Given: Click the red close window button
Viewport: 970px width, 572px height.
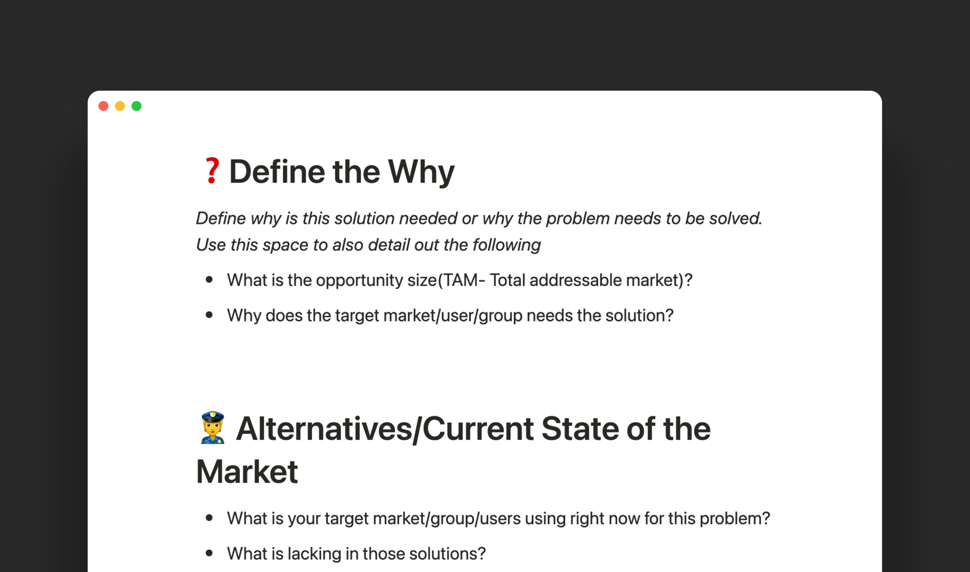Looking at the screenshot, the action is click(x=104, y=106).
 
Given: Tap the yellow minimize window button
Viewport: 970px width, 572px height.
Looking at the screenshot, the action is click(x=120, y=106).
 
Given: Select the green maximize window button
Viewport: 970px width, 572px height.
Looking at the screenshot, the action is click(x=136, y=106).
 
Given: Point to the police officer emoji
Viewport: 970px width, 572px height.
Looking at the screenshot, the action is click(x=212, y=427).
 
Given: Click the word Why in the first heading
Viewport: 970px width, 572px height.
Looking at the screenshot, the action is click(x=421, y=172).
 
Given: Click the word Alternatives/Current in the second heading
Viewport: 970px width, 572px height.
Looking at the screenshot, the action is click(x=385, y=428).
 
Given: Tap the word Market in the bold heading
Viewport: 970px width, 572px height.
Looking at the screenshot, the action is click(x=247, y=471).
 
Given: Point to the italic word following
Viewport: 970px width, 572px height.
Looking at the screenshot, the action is click(x=507, y=245).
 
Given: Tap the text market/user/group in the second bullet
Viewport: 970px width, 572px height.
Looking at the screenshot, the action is click(x=453, y=315).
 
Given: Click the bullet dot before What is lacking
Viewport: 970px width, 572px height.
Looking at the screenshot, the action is click(x=209, y=553).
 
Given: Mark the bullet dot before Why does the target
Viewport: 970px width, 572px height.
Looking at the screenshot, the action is click(x=209, y=315).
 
